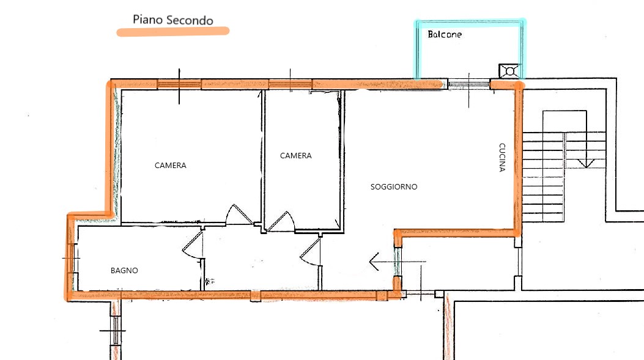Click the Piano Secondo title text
click(x=173, y=20)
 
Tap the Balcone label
click(x=445, y=35)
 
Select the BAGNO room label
click(x=124, y=270)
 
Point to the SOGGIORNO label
click(x=394, y=187)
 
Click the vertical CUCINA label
click(x=502, y=157)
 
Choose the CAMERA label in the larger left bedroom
click(x=171, y=166)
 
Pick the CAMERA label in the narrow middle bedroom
click(x=296, y=156)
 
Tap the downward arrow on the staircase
click(x=586, y=163)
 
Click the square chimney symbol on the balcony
click(x=508, y=71)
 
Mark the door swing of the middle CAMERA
click(x=282, y=221)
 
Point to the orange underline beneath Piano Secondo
click(x=173, y=31)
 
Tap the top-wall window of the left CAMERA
click(x=179, y=84)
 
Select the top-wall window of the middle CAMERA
click(x=291, y=84)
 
